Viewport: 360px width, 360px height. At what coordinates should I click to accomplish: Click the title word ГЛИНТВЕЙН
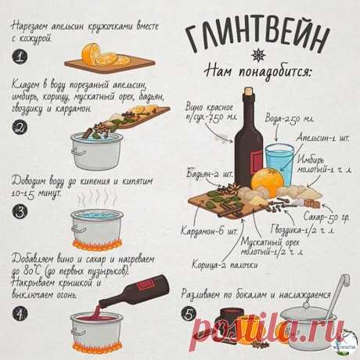click(258, 35)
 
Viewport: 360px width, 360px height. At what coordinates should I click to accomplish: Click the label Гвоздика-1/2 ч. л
click(313, 232)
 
